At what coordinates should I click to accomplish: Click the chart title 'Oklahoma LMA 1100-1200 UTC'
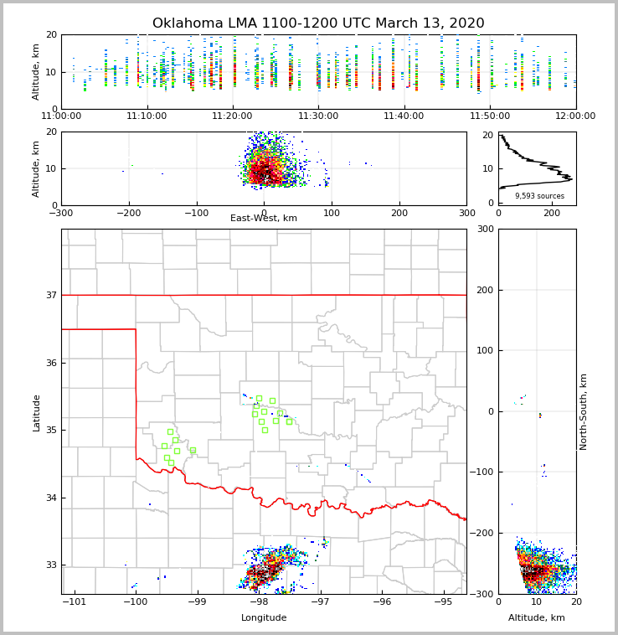[x=318, y=23]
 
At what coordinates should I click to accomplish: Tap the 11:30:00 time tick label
[x=318, y=116]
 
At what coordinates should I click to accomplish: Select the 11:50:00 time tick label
[x=490, y=116]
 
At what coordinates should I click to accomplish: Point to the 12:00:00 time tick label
[x=574, y=116]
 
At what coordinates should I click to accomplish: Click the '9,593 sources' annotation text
[x=539, y=196]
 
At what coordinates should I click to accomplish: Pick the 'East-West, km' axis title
[x=264, y=219]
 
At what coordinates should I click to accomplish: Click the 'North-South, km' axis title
[x=584, y=411]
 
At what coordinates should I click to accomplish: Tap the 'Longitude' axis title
[x=264, y=618]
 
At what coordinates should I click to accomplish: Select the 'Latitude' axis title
[x=36, y=412]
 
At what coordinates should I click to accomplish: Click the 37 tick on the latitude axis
[x=50, y=295]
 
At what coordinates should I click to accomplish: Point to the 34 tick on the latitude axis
[x=50, y=498]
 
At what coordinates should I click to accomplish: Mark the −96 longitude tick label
[x=381, y=602]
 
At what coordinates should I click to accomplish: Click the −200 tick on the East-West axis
[x=127, y=213]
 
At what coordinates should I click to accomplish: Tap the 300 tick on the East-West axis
[x=466, y=213]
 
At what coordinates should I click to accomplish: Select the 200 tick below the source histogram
[x=553, y=213]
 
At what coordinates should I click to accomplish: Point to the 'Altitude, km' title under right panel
[x=537, y=618]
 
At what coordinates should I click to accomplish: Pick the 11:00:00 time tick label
[x=61, y=116]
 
